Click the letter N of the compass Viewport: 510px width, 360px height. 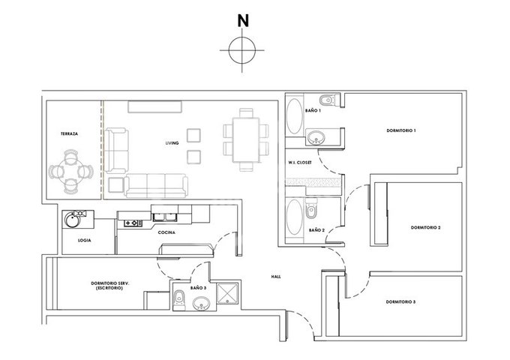click(243, 21)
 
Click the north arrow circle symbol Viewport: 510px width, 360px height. click(242, 50)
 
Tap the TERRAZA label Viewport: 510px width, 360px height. click(69, 133)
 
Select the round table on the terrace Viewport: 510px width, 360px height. click(71, 172)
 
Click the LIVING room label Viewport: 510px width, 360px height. click(172, 143)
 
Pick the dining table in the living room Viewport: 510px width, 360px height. click(246, 139)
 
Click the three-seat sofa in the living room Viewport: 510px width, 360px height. click(156, 186)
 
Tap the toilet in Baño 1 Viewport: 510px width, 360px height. click(329, 100)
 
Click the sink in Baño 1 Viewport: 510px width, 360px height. click(316, 137)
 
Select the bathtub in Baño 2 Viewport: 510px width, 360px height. click(295, 217)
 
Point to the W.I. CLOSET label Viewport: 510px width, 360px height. click(299, 162)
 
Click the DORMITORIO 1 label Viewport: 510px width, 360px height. click(401, 130)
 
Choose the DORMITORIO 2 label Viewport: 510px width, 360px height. click(425, 228)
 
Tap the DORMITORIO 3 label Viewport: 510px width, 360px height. click(400, 301)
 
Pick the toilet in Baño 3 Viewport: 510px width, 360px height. click(179, 299)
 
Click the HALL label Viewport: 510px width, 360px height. click(276, 277)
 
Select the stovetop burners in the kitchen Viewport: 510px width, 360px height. click(133, 223)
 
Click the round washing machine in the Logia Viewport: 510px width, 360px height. click(71, 220)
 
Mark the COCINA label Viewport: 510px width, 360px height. click(166, 232)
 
